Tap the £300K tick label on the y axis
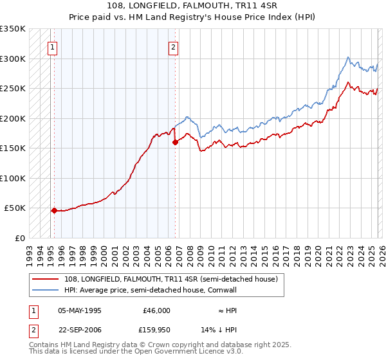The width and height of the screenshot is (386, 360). point(12,59)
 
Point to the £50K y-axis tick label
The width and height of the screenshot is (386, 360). point(15,208)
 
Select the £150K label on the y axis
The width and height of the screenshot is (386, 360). point(12,148)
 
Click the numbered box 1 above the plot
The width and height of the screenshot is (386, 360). point(52,46)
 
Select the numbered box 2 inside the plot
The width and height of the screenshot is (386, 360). point(174,46)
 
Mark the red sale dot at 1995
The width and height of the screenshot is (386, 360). point(54,210)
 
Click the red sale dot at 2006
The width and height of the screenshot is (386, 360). point(175,143)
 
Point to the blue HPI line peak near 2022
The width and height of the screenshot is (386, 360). point(347,57)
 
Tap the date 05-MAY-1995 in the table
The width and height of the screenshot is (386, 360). point(80,310)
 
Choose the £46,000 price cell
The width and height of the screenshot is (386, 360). point(157,310)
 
